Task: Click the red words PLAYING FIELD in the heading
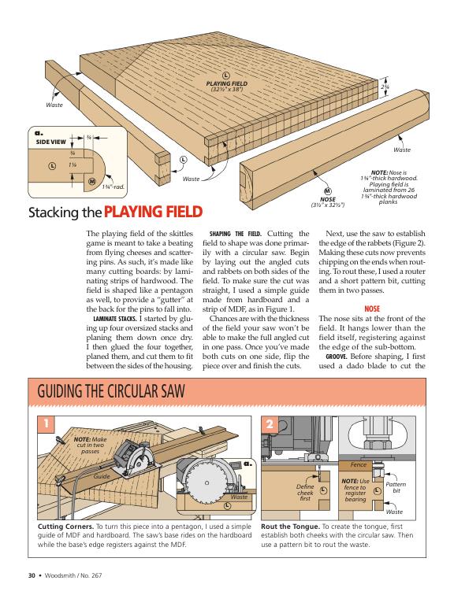tap(153, 212)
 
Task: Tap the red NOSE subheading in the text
tap(372, 309)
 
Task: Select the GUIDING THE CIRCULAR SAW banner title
tap(111, 391)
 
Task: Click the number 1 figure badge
tap(47, 423)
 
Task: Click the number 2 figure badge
tap(270, 424)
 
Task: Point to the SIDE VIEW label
tap(51, 142)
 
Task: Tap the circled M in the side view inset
tap(92, 181)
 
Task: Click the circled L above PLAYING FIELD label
tap(226, 77)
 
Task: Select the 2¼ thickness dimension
tap(385, 87)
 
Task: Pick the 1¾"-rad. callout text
tap(113, 187)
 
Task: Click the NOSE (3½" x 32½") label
tap(327, 201)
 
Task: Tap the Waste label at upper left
tap(54, 105)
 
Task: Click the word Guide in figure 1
tap(102, 476)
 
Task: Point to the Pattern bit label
tap(396, 488)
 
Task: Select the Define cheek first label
tap(305, 493)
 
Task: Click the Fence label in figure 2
tap(359, 464)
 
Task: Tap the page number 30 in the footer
tap(32, 575)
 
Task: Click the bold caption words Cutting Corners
tap(65, 527)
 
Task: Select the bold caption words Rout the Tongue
tap(290, 527)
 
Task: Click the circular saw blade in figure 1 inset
tap(207, 482)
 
